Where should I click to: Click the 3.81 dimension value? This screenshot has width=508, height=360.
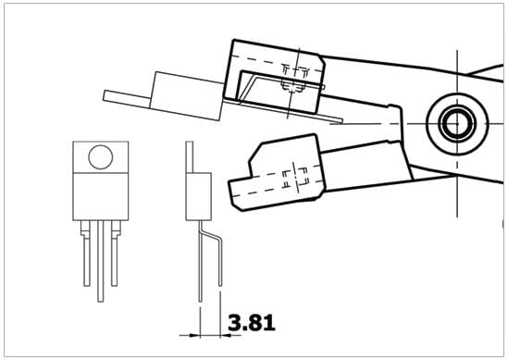[x=252, y=322]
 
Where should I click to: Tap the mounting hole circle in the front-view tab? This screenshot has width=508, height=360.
[x=101, y=156]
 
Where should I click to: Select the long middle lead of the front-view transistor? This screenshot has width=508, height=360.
[x=101, y=261]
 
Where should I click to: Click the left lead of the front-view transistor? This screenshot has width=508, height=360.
[x=86, y=253]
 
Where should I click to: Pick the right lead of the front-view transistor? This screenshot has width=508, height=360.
[x=115, y=253]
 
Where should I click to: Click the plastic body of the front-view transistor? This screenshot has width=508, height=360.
[x=101, y=197]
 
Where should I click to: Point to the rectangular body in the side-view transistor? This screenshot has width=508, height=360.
[x=199, y=196]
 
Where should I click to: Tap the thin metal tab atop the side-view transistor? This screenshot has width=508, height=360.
[x=190, y=156]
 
